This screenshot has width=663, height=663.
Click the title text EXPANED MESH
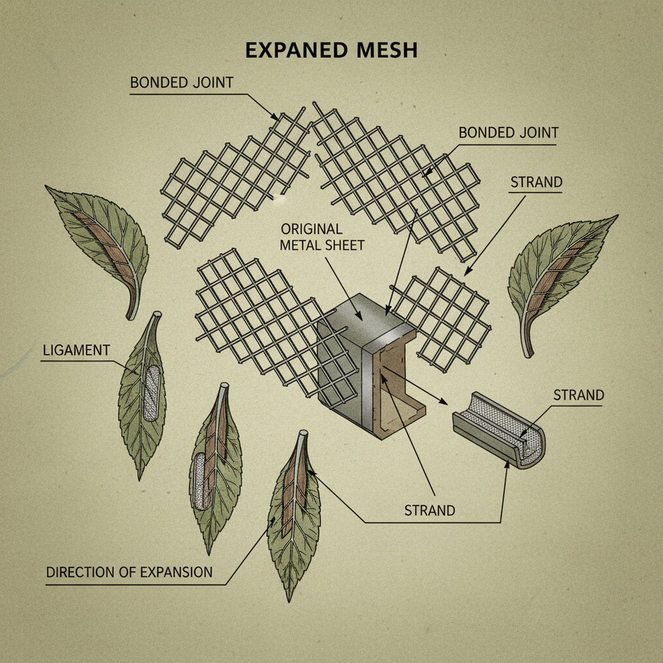coord(331,51)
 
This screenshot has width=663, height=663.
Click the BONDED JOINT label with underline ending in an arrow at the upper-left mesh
coord(181,83)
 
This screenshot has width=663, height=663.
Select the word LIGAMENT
coord(76,350)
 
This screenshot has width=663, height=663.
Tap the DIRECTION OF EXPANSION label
coord(129,572)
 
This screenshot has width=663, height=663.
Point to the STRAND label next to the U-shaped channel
coord(579,395)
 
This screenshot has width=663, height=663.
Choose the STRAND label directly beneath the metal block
coord(429,510)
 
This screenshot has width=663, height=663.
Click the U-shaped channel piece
coord(499,427)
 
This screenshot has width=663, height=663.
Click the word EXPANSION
coord(173,572)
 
